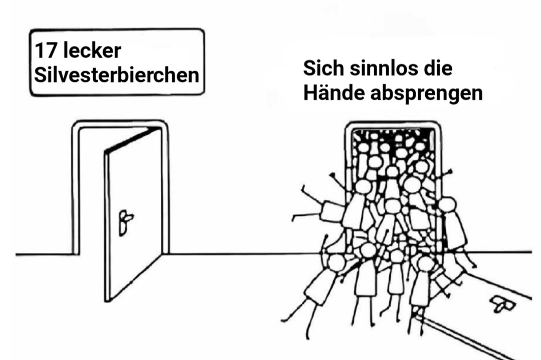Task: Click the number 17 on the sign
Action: [x=44, y=52]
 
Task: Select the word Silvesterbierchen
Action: [x=116, y=76]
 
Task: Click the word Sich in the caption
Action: [x=321, y=69]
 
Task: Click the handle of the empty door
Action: [x=125, y=221]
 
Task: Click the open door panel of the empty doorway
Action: [x=134, y=215]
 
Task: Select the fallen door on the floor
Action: [x=481, y=310]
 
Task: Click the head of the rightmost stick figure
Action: [x=447, y=204]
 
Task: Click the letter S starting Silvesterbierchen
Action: [x=39, y=76]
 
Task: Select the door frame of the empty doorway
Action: [x=75, y=190]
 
